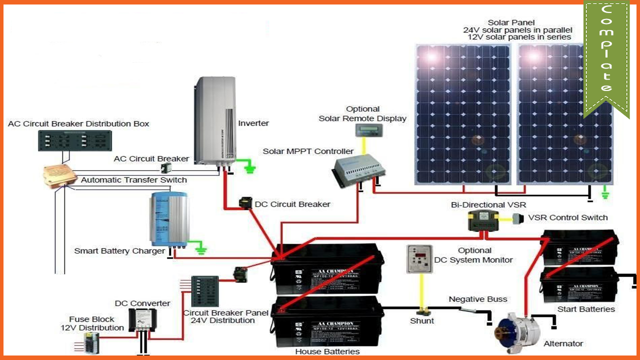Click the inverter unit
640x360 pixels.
pos(214,120)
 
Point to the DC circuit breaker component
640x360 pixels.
pos(245,203)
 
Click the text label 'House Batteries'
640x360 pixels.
pos(327,351)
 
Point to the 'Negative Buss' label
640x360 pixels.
pos(477,299)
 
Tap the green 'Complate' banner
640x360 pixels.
pos(606,55)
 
